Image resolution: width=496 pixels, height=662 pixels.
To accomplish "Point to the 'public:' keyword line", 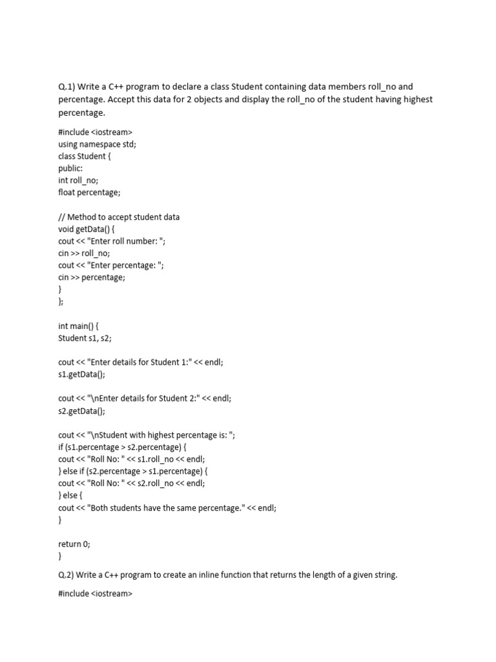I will click(x=72, y=168).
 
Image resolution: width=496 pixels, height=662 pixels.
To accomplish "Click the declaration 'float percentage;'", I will click(x=89, y=193).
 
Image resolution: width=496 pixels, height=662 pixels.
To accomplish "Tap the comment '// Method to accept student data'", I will click(x=119, y=217).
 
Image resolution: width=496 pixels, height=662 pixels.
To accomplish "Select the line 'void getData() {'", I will click(x=88, y=229).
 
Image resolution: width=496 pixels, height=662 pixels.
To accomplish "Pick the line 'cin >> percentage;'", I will click(x=92, y=277).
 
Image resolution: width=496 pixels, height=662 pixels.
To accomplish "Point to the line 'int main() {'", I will click(x=78, y=326).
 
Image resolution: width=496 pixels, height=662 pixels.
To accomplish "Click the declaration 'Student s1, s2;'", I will click(x=85, y=338).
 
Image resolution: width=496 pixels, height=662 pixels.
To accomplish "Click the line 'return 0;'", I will click(x=74, y=544).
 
